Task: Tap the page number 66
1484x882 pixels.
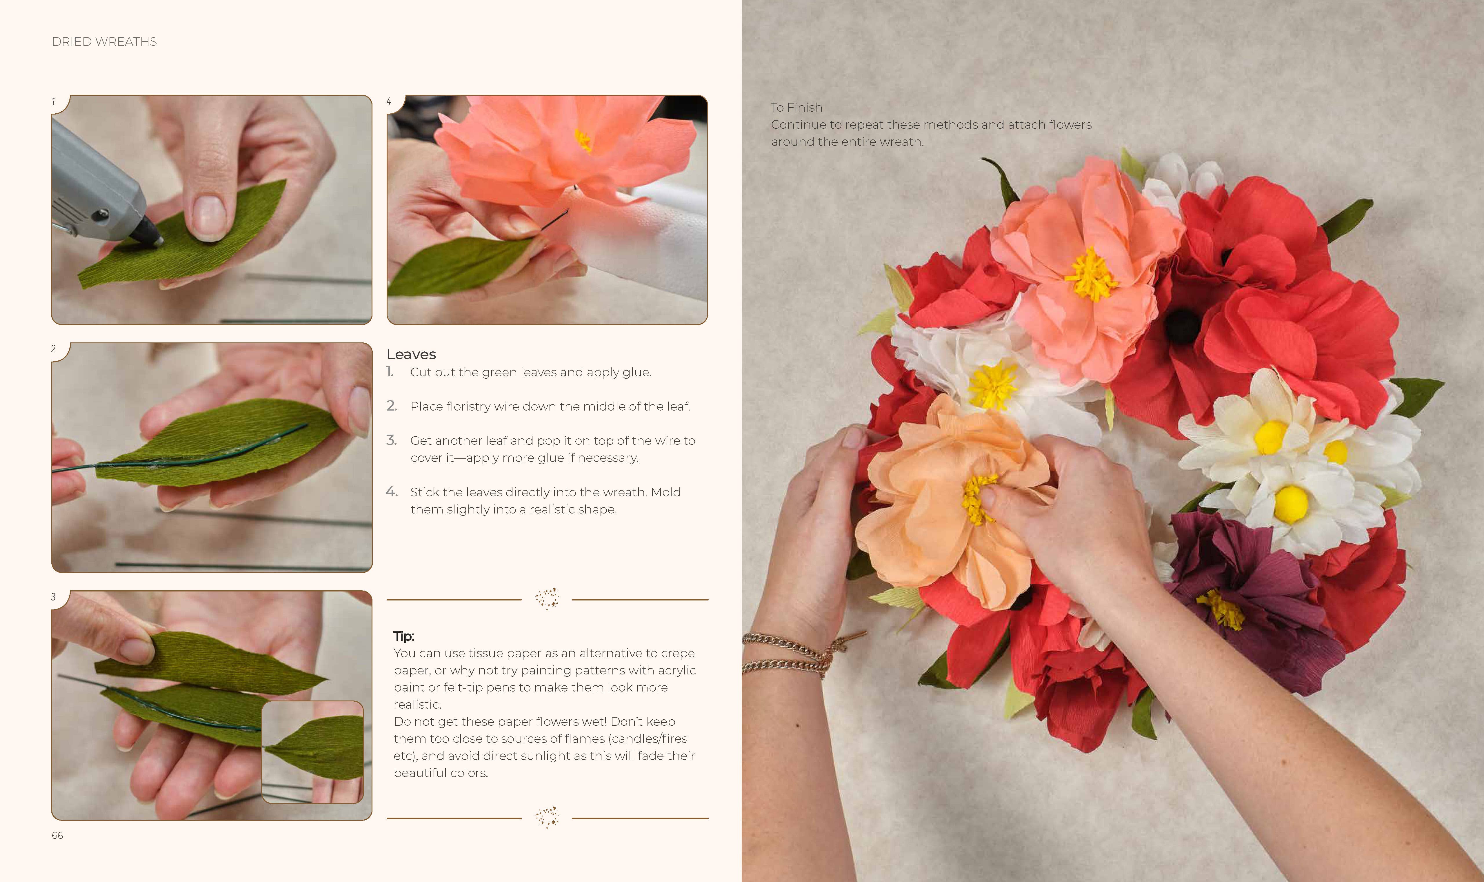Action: pos(57,835)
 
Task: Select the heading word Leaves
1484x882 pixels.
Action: pos(411,354)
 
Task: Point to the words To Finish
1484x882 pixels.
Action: pos(796,108)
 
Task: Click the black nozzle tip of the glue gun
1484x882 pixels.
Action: pos(148,235)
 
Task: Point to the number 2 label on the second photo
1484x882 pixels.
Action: pos(53,349)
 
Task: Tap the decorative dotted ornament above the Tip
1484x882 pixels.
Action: pos(547,598)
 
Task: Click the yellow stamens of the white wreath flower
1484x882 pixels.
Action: pos(992,386)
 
